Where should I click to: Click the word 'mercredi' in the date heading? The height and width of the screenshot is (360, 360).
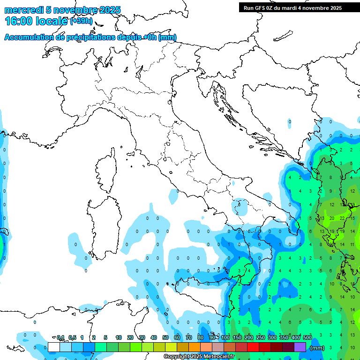tap(24, 10)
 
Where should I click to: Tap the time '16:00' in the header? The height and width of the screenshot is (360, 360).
tap(19, 21)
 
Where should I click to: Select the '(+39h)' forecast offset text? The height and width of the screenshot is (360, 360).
tap(81, 21)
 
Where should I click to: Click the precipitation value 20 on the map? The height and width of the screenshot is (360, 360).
tap(332, 218)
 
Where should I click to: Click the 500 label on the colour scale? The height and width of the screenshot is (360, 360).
tap(307, 337)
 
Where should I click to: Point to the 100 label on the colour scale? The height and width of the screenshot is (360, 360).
tap(225, 337)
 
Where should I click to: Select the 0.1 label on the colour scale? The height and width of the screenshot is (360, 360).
tap(60, 337)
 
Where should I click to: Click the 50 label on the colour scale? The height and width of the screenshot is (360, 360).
tap(165, 337)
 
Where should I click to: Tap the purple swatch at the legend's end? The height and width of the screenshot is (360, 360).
tap(300, 347)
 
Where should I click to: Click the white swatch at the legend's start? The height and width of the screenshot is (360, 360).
tap(53, 347)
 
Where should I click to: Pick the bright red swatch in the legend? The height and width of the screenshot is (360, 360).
tap(253, 347)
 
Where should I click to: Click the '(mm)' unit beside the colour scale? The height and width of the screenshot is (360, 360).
tap(317, 347)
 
